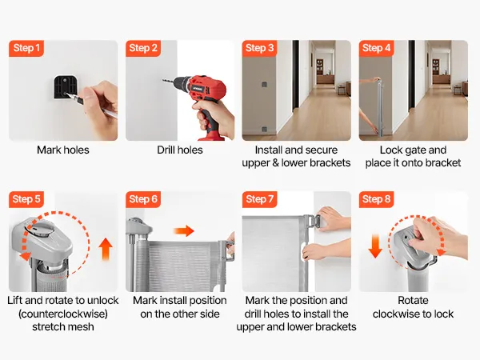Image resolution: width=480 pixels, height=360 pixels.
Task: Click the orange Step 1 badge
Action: point(26,48)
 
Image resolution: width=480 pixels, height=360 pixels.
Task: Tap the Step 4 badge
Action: point(376,48)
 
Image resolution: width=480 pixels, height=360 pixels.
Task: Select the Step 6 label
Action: point(143,199)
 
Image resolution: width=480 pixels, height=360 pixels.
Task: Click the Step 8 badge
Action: point(376,199)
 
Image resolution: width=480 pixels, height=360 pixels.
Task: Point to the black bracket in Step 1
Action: point(66,87)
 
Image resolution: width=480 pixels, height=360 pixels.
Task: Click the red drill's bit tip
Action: point(163,80)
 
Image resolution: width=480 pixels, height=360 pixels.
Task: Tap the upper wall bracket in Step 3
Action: point(264,85)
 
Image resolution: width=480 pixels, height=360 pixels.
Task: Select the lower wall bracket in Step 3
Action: point(264,130)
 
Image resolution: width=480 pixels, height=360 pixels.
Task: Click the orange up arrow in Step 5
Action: point(106,249)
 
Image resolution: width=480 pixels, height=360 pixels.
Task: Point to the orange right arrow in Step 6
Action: point(184,231)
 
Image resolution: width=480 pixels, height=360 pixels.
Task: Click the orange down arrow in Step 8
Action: point(375,246)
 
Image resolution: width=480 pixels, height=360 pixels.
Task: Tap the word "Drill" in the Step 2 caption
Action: point(166,150)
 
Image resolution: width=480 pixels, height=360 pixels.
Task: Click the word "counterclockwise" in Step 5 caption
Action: point(63,314)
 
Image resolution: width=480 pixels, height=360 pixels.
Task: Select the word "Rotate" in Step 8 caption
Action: point(413,300)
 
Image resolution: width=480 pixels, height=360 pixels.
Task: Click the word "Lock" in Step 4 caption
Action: point(390,150)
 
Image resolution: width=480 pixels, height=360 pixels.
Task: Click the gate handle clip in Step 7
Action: point(312,221)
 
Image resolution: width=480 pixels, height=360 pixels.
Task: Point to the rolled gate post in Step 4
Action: point(380,108)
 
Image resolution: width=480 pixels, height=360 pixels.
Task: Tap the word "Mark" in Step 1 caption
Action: point(47,150)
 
